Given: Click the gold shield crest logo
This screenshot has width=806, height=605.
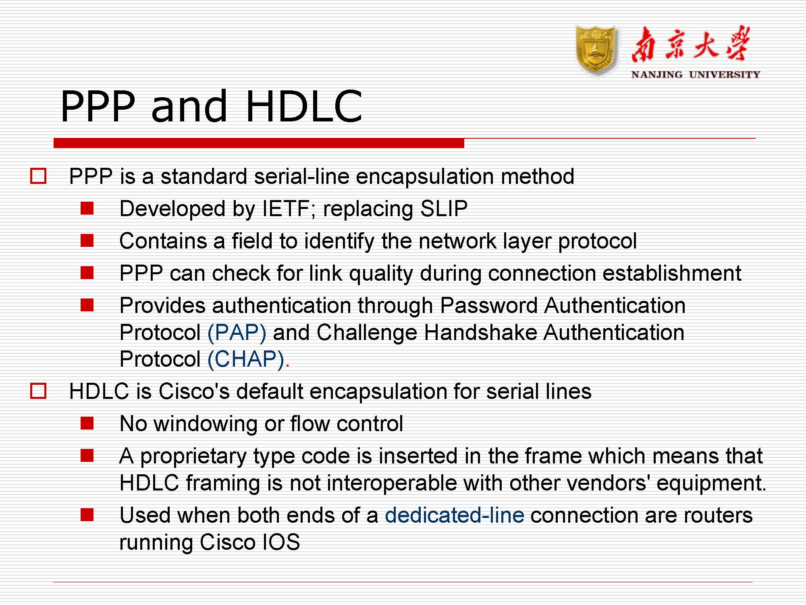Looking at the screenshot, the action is pyautogui.click(x=597, y=51).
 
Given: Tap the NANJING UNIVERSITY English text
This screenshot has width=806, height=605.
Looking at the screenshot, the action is pyautogui.click(x=696, y=75).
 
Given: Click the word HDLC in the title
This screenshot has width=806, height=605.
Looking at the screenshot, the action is pyautogui.click(x=304, y=106).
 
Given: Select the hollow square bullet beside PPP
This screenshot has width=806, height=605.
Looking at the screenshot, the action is pyautogui.click(x=38, y=176).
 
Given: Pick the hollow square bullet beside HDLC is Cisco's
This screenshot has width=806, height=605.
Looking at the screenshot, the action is pyautogui.click(x=38, y=391).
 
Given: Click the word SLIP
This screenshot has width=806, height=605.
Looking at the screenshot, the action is pyautogui.click(x=444, y=209).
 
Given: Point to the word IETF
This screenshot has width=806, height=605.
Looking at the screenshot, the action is pyautogui.click(x=286, y=209).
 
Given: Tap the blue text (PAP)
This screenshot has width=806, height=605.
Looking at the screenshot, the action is pyautogui.click(x=237, y=333).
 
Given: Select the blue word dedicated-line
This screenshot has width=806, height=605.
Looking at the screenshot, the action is pyautogui.click(x=455, y=515).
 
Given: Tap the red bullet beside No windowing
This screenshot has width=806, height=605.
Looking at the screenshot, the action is pyautogui.click(x=87, y=423).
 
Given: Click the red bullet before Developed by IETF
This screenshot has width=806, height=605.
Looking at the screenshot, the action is pyautogui.click(x=87, y=209).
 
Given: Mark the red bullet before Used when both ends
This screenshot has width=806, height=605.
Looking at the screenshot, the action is pyautogui.click(x=87, y=515).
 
